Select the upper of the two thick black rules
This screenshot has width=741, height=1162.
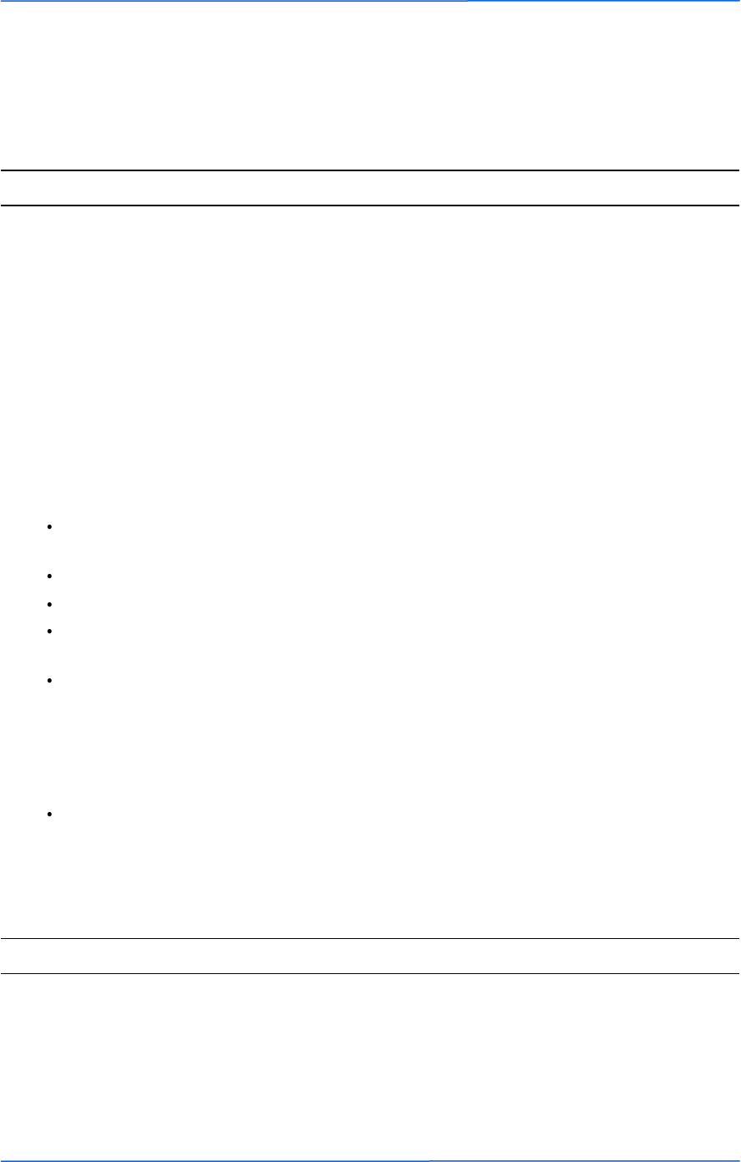point(370,171)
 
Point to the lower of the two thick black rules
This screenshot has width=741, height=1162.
point(370,205)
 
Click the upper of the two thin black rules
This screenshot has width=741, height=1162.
point(370,938)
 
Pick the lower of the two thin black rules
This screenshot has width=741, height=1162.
point(370,973)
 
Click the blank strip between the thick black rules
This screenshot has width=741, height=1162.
point(370,188)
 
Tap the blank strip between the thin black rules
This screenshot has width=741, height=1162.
point(370,956)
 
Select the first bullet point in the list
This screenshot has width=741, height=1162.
point(51,527)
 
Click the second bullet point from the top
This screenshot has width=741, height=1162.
point(51,576)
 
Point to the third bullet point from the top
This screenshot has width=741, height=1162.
point(51,602)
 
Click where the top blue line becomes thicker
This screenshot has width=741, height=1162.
point(468,1)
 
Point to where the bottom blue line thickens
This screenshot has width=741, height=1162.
point(429,1160)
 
